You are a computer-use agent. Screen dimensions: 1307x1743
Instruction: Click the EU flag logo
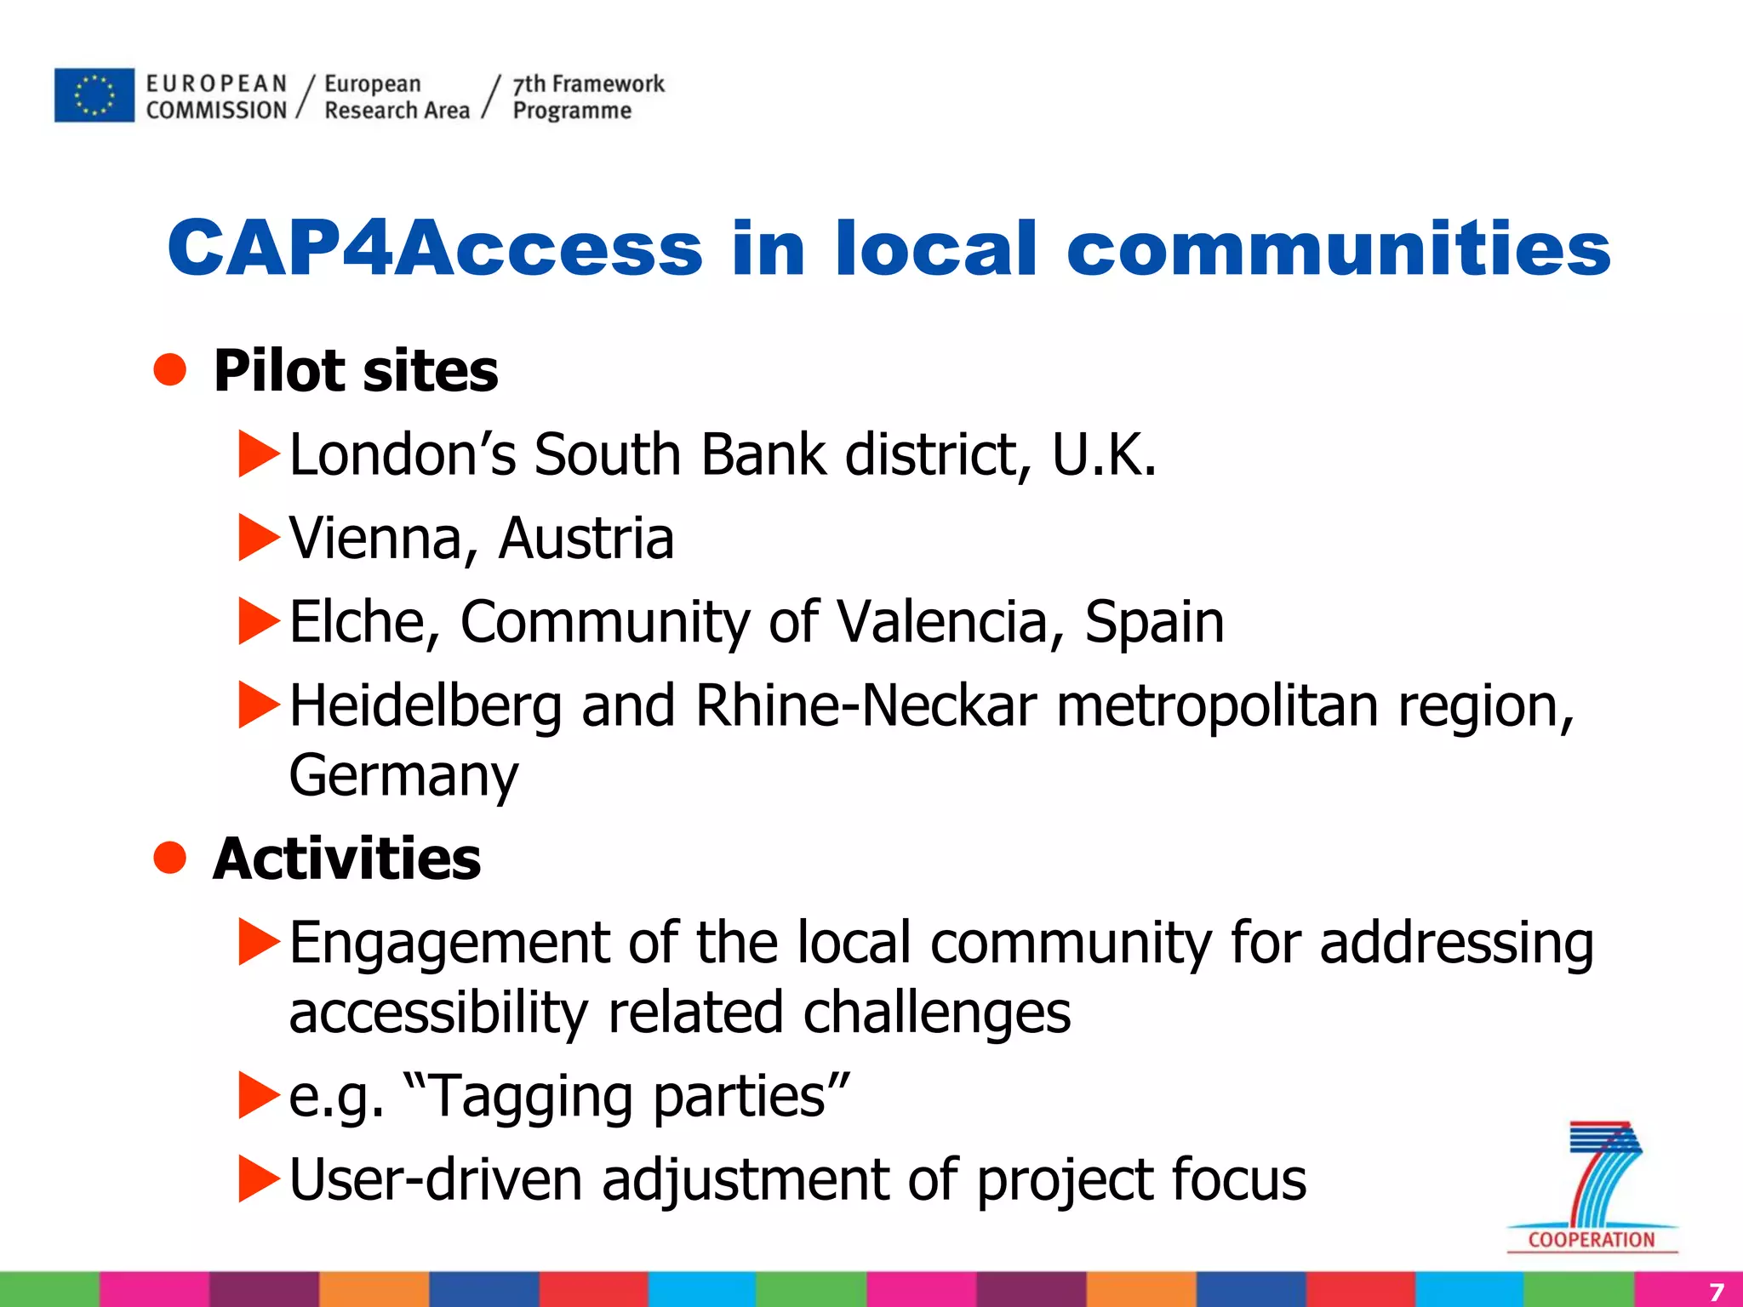[x=94, y=95]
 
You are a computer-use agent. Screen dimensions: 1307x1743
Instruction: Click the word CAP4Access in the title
[x=434, y=248]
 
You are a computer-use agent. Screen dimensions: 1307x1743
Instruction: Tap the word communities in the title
[x=1338, y=248]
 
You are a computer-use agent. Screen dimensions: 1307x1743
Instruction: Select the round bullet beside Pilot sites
[x=170, y=370]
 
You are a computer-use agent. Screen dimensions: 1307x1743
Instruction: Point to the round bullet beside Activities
[x=170, y=858]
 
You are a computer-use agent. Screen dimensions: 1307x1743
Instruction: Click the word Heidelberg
[x=426, y=707]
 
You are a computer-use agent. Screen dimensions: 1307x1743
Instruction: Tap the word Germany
[x=403, y=776]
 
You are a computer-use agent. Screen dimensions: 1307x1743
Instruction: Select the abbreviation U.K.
[x=1104, y=454]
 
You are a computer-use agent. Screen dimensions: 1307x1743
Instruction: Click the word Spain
[x=1154, y=622]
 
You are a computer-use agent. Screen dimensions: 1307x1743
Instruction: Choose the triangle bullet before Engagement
[x=259, y=942]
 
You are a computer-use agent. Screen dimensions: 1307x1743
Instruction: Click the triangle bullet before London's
[x=259, y=454]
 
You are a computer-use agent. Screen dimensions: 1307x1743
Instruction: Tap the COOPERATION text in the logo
[x=1591, y=1240]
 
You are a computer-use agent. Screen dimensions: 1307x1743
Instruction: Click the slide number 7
[x=1716, y=1291]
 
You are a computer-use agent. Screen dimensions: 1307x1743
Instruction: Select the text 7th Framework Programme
[x=587, y=97]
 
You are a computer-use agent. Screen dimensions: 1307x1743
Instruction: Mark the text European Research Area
[x=396, y=97]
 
